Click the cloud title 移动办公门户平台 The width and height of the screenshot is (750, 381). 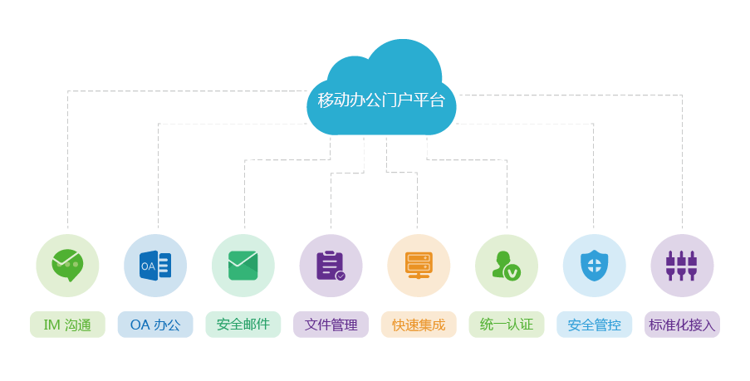[x=381, y=100]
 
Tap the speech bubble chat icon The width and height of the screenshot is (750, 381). [x=67, y=265]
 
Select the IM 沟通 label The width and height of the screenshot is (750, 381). [x=67, y=325]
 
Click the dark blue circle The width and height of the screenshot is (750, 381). [x=155, y=266]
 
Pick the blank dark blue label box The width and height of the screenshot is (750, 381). [x=155, y=325]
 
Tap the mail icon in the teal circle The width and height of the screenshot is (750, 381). [x=243, y=265]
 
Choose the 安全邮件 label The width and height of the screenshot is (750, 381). [x=243, y=325]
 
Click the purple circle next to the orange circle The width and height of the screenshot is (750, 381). [x=331, y=266]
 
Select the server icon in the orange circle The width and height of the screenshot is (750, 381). [x=419, y=263]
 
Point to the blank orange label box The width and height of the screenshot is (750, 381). [x=419, y=325]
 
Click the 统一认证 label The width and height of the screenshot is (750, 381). [x=507, y=325]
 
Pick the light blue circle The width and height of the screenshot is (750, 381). [x=594, y=266]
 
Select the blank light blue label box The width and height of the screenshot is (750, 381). [x=594, y=325]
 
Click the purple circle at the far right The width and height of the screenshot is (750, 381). [x=682, y=266]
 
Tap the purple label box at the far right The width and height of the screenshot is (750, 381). [x=682, y=325]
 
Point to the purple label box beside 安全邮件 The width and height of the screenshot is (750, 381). [x=331, y=325]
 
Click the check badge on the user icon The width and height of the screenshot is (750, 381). [x=513, y=272]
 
